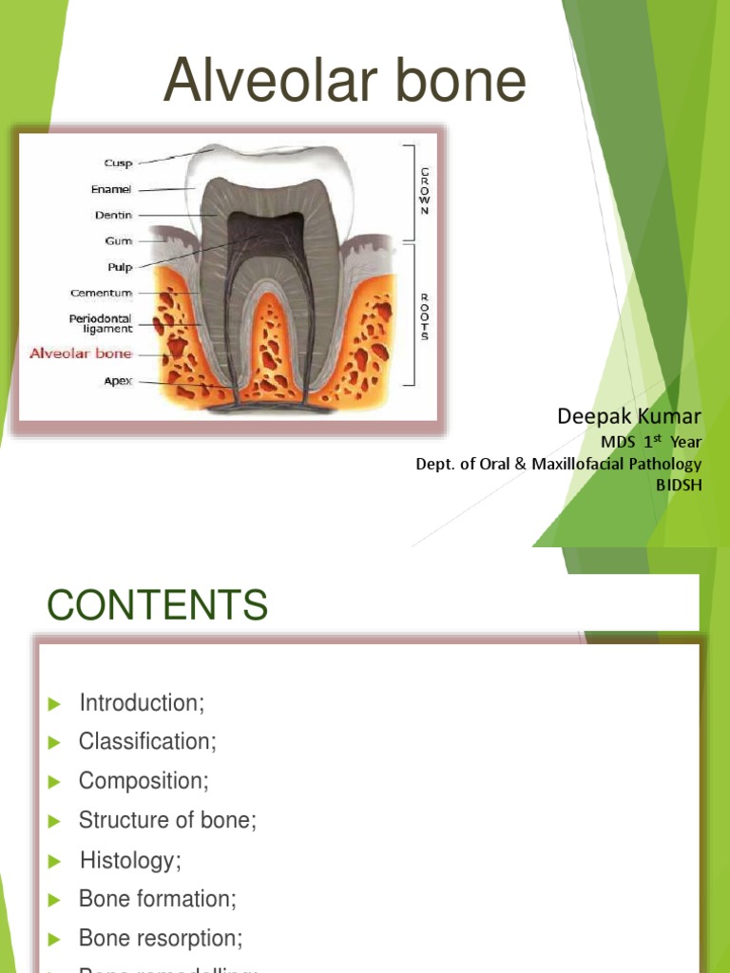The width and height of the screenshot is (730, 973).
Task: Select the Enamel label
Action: pyautogui.click(x=111, y=189)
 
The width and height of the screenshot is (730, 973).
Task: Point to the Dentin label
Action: pyautogui.click(x=113, y=215)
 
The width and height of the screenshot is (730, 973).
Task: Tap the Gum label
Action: pyautogui.click(x=119, y=241)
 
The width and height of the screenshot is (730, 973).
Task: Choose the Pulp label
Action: pyautogui.click(x=120, y=267)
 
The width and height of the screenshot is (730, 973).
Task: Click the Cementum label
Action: pyautogui.click(x=101, y=293)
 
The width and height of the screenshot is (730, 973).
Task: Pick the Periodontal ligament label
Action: pyautogui.click(x=100, y=323)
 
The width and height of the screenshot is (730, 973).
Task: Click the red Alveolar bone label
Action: pyautogui.click(x=81, y=353)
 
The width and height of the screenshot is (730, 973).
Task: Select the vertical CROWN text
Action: pyautogui.click(x=424, y=190)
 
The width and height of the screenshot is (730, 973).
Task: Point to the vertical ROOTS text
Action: pyautogui.click(x=424, y=315)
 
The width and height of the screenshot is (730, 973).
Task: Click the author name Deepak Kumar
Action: pyautogui.click(x=628, y=416)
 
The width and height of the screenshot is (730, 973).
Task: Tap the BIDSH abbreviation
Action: pyautogui.click(x=679, y=485)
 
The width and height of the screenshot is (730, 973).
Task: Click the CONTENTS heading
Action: pyautogui.click(x=158, y=605)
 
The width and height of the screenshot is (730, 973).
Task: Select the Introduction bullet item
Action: pyautogui.click(x=142, y=703)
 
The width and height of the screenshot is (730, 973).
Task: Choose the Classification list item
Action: pyautogui.click(x=147, y=741)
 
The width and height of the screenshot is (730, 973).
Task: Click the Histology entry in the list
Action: pyautogui.click(x=130, y=861)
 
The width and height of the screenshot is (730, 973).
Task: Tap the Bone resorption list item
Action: pyautogui.click(x=161, y=938)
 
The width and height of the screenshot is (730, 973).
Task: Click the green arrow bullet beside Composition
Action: pyautogui.click(x=56, y=782)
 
